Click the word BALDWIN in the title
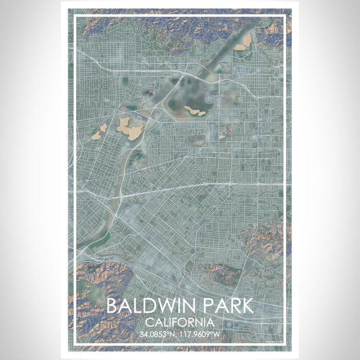[150, 305]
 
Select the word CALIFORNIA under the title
[179, 323]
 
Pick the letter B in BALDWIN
[113, 305]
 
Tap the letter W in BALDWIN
[162, 305]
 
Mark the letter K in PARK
[246, 305]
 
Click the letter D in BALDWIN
[146, 305]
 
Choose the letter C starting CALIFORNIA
[149, 323]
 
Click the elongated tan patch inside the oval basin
[194, 110]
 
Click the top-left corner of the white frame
[76, 16]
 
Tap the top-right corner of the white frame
[284, 16]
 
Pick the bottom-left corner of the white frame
[76, 343]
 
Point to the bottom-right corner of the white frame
[284, 343]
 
